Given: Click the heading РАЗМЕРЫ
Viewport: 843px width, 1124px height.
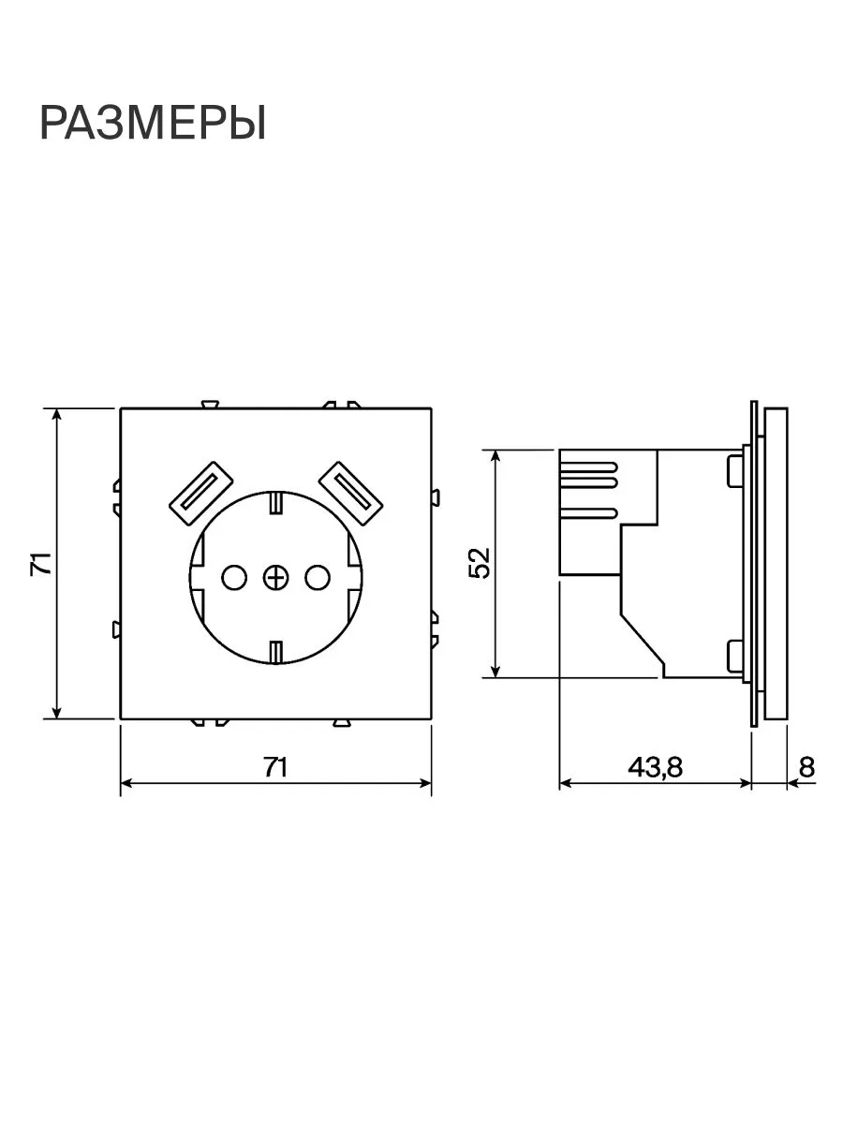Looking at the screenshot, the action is tap(153, 123).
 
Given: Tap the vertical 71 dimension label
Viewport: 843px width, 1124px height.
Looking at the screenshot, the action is tap(42, 563).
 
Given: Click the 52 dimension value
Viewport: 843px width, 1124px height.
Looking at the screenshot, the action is tap(481, 563).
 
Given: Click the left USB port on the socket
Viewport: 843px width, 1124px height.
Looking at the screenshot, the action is tap(201, 493).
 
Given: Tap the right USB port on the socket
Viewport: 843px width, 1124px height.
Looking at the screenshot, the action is tap(350, 493).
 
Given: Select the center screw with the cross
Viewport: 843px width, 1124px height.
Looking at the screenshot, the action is tap(275, 578).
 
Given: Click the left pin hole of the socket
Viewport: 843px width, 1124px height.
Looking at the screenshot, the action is tap(234, 578).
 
